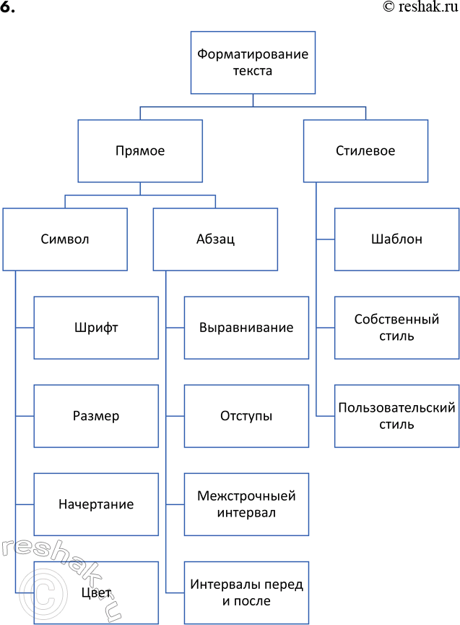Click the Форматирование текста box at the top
click(253, 62)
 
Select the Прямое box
click(140, 151)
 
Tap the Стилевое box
click(365, 151)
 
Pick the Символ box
click(65, 239)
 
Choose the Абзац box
click(215, 239)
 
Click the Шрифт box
click(96, 328)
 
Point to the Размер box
click(96, 416)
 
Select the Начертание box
click(96, 504)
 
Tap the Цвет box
click(96, 592)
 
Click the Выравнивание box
click(246, 328)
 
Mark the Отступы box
click(246, 416)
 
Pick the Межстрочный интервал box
click(246, 504)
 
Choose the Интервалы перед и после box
click(246, 592)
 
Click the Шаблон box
click(397, 239)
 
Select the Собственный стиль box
click(397, 328)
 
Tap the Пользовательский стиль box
click(397, 416)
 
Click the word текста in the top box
click(253, 71)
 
